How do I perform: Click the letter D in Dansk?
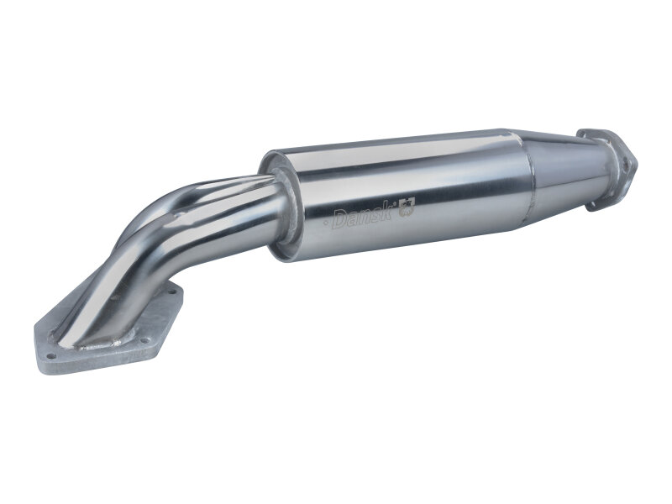click(x=339, y=221)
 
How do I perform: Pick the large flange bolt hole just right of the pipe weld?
click(x=146, y=340)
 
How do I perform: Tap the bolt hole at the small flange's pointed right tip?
click(x=628, y=165)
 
